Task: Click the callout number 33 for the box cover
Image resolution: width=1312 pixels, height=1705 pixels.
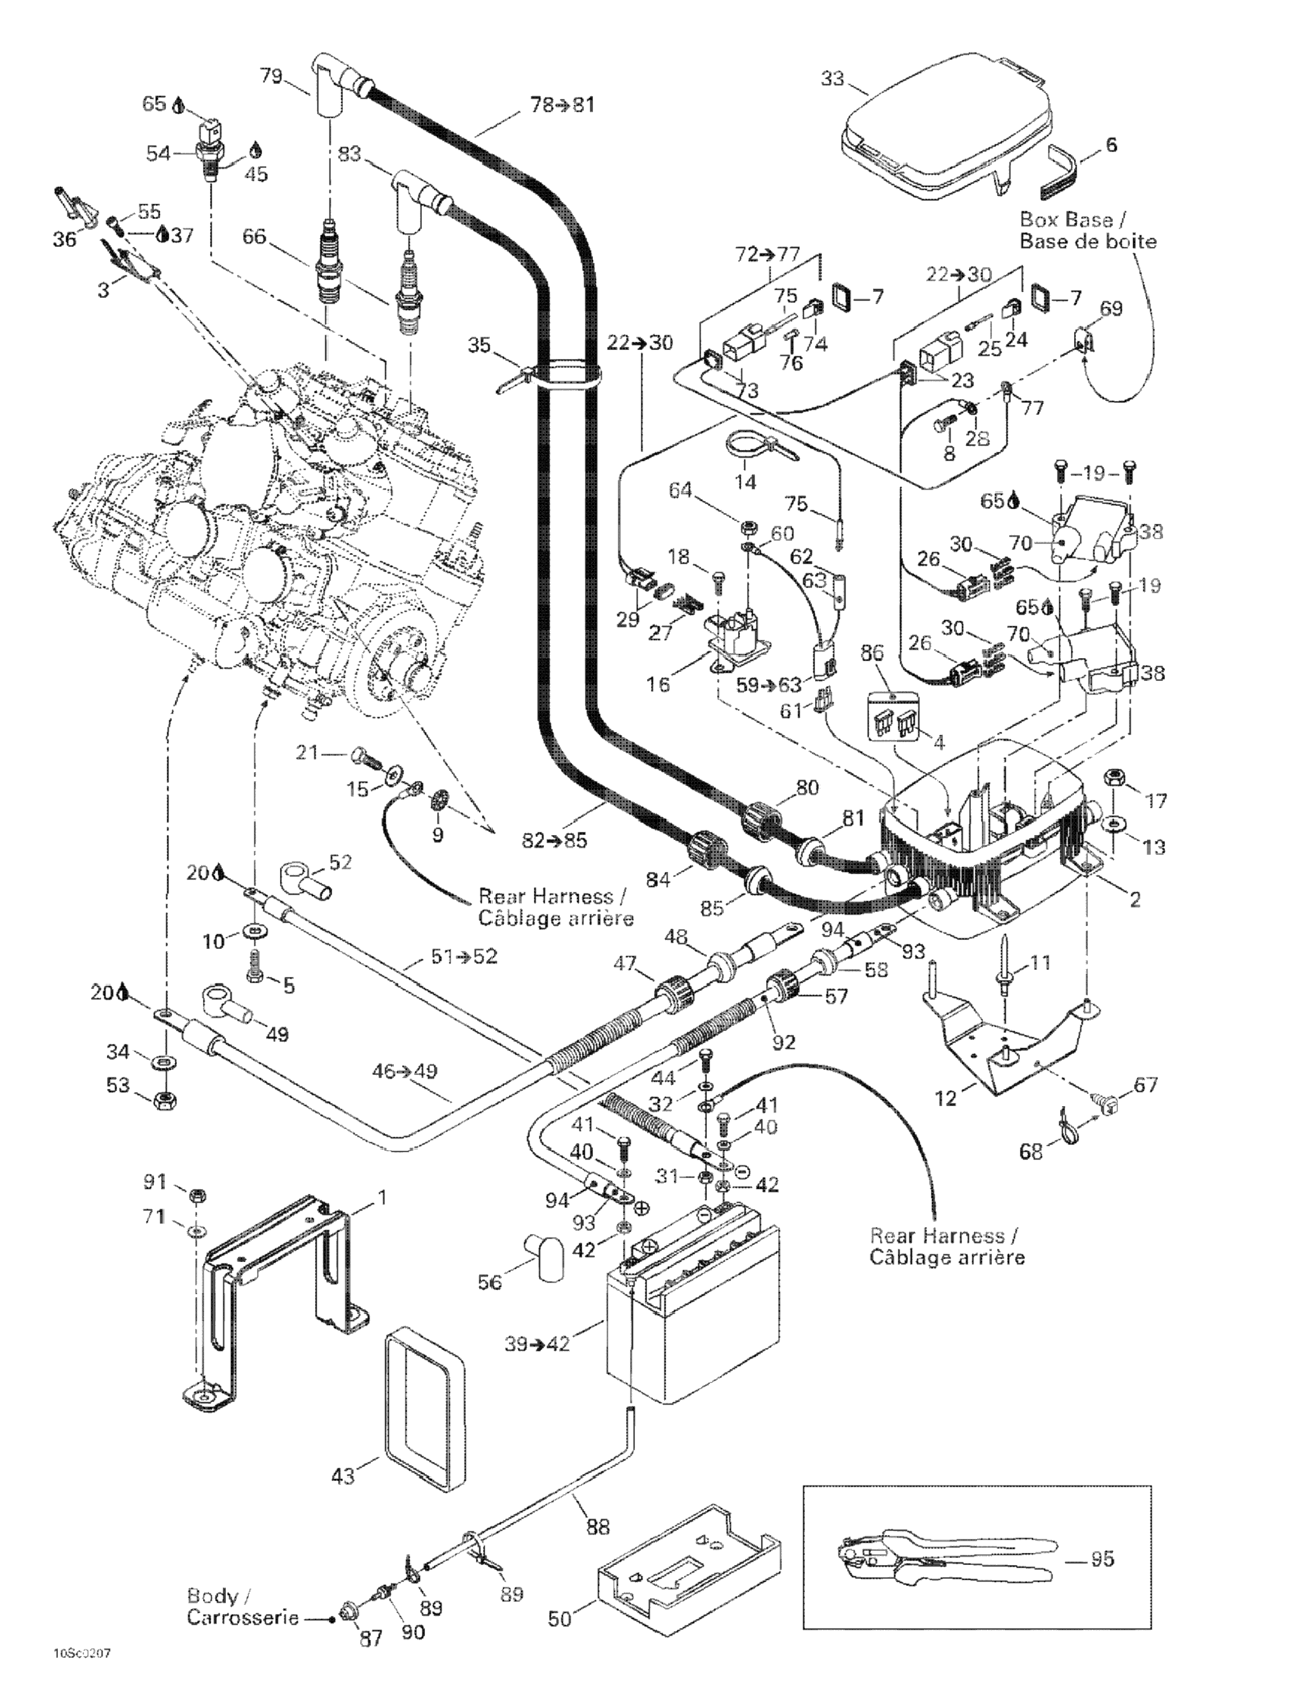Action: coord(833,79)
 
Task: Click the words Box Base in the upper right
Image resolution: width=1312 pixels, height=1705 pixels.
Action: coord(1065,220)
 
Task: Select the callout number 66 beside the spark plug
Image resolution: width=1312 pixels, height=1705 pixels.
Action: coord(255,235)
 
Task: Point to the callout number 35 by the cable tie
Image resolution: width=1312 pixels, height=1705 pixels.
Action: coord(480,344)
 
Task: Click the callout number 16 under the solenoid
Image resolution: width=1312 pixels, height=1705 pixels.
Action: coord(658,684)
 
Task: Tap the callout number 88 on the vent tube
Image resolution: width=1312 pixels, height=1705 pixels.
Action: coord(598,1527)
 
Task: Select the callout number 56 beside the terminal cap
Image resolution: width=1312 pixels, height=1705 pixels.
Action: coord(489,1282)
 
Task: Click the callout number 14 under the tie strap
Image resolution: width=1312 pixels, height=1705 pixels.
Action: coord(745,482)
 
